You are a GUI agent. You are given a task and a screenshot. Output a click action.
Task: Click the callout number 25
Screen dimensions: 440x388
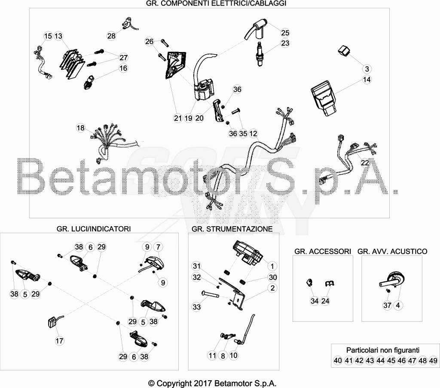coord(285,33)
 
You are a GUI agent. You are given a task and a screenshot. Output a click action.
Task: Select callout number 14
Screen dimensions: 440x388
coord(367,80)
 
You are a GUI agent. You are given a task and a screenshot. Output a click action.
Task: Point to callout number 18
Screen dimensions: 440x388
coord(80,128)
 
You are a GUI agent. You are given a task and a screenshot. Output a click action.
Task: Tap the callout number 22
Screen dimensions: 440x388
coord(365,163)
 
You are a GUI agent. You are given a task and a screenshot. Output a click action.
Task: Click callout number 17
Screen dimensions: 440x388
coord(59,341)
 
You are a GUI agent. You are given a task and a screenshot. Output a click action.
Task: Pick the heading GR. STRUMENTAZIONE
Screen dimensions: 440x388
coord(232,229)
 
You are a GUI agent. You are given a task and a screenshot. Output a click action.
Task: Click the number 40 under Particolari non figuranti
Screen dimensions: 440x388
coord(338,360)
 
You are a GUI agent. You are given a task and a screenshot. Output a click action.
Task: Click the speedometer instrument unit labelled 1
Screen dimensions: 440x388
coord(247,253)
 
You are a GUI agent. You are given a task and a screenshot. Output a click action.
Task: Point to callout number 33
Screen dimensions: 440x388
coord(197,307)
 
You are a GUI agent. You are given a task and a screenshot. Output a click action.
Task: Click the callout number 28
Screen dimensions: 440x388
coord(111,36)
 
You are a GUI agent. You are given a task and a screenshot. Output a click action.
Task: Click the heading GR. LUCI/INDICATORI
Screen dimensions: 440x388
coord(94,229)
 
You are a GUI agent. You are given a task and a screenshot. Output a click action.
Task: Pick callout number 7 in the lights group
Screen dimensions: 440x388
coord(158,247)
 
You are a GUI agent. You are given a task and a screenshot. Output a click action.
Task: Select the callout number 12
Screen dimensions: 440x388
coord(253,134)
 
